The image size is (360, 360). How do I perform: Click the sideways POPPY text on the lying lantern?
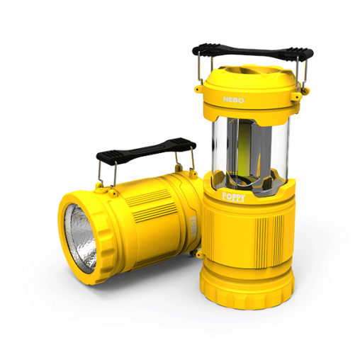(x=193, y=227)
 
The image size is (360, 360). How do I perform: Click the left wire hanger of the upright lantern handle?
(x=201, y=71)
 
